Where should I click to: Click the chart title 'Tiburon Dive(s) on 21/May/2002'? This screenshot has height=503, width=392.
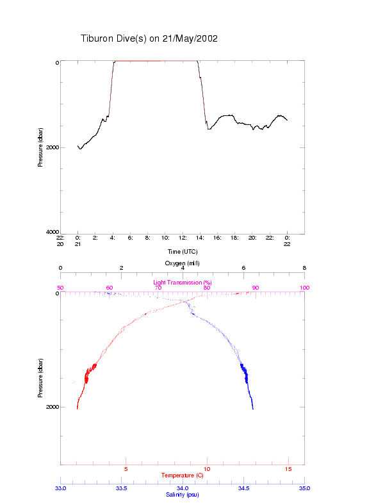(149, 38)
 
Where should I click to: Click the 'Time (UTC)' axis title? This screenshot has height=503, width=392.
(183, 252)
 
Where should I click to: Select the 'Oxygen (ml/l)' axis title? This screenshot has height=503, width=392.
(183, 263)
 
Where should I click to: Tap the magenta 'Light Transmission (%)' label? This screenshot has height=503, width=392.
(183, 283)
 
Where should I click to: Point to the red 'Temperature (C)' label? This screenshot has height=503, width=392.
(183, 475)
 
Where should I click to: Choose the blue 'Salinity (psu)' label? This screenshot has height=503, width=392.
(183, 495)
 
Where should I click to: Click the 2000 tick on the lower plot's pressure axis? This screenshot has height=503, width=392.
(52, 407)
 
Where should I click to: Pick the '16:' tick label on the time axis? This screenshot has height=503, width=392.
(217, 238)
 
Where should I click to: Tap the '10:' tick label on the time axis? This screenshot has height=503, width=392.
(165, 238)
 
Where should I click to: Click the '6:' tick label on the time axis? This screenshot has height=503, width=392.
(130, 238)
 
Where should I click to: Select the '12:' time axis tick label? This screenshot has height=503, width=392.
(183, 238)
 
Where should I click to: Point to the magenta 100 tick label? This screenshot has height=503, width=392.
(304, 288)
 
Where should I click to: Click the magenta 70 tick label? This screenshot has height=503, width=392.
(158, 288)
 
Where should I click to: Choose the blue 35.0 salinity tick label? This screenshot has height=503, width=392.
(304, 488)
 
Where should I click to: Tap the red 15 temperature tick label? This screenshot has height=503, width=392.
(288, 470)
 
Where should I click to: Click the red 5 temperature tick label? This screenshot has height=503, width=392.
(126, 470)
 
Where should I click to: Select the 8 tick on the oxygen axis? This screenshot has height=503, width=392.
(304, 268)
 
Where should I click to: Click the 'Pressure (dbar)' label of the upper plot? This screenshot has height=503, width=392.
(40, 147)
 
